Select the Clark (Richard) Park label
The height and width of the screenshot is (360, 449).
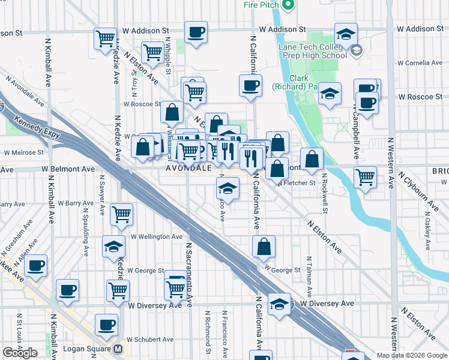303,82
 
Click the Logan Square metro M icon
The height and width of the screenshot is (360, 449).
118,349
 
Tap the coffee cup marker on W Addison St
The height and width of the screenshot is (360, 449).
195,33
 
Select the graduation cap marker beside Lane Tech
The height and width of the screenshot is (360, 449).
346,34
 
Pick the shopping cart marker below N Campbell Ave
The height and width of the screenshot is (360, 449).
365,178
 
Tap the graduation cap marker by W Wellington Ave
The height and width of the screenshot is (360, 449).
113,247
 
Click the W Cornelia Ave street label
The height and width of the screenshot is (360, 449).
420,62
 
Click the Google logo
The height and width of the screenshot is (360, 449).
20,353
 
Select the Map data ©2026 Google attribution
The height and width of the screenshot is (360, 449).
411,355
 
